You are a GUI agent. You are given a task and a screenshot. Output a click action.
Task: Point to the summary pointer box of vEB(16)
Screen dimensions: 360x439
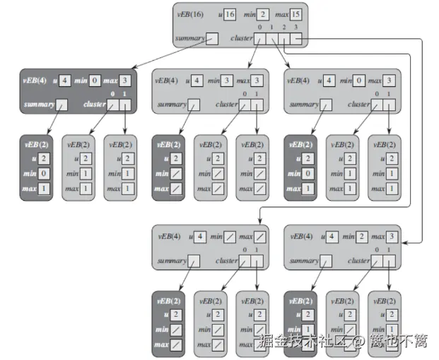pos(212,38)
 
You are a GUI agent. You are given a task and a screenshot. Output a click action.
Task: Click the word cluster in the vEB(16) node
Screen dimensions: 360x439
pos(242,38)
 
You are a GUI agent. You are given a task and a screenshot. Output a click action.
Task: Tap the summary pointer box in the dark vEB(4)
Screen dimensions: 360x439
pos(62,105)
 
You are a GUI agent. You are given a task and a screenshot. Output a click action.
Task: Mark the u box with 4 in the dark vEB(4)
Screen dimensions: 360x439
pos(65,80)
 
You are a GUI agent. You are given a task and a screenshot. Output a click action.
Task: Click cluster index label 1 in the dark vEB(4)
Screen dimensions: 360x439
pos(125,94)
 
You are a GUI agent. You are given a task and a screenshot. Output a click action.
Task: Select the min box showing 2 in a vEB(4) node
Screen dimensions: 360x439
pos(361,236)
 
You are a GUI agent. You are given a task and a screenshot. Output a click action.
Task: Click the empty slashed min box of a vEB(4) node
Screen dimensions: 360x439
pos(230,236)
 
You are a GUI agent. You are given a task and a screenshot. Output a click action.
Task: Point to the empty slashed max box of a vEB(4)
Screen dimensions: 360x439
pos(262,236)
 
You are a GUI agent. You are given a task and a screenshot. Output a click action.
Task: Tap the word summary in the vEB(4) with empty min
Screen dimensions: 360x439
pos(172,260)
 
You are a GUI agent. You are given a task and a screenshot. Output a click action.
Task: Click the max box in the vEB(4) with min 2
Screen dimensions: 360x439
pos(393,236)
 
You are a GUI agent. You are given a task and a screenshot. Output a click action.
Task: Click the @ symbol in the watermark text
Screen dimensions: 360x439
pos(358,342)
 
